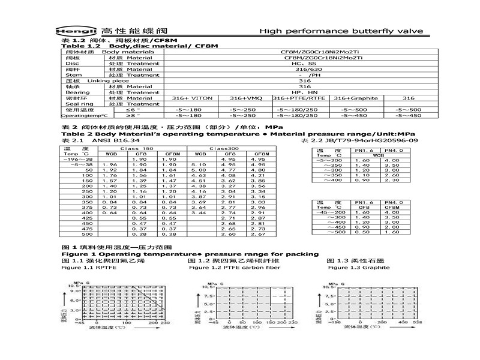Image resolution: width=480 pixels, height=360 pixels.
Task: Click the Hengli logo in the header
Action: tap(80, 31)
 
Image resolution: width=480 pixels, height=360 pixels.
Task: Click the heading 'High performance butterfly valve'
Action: tap(341, 31)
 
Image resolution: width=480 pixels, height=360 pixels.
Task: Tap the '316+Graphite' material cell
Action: tap(357, 98)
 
